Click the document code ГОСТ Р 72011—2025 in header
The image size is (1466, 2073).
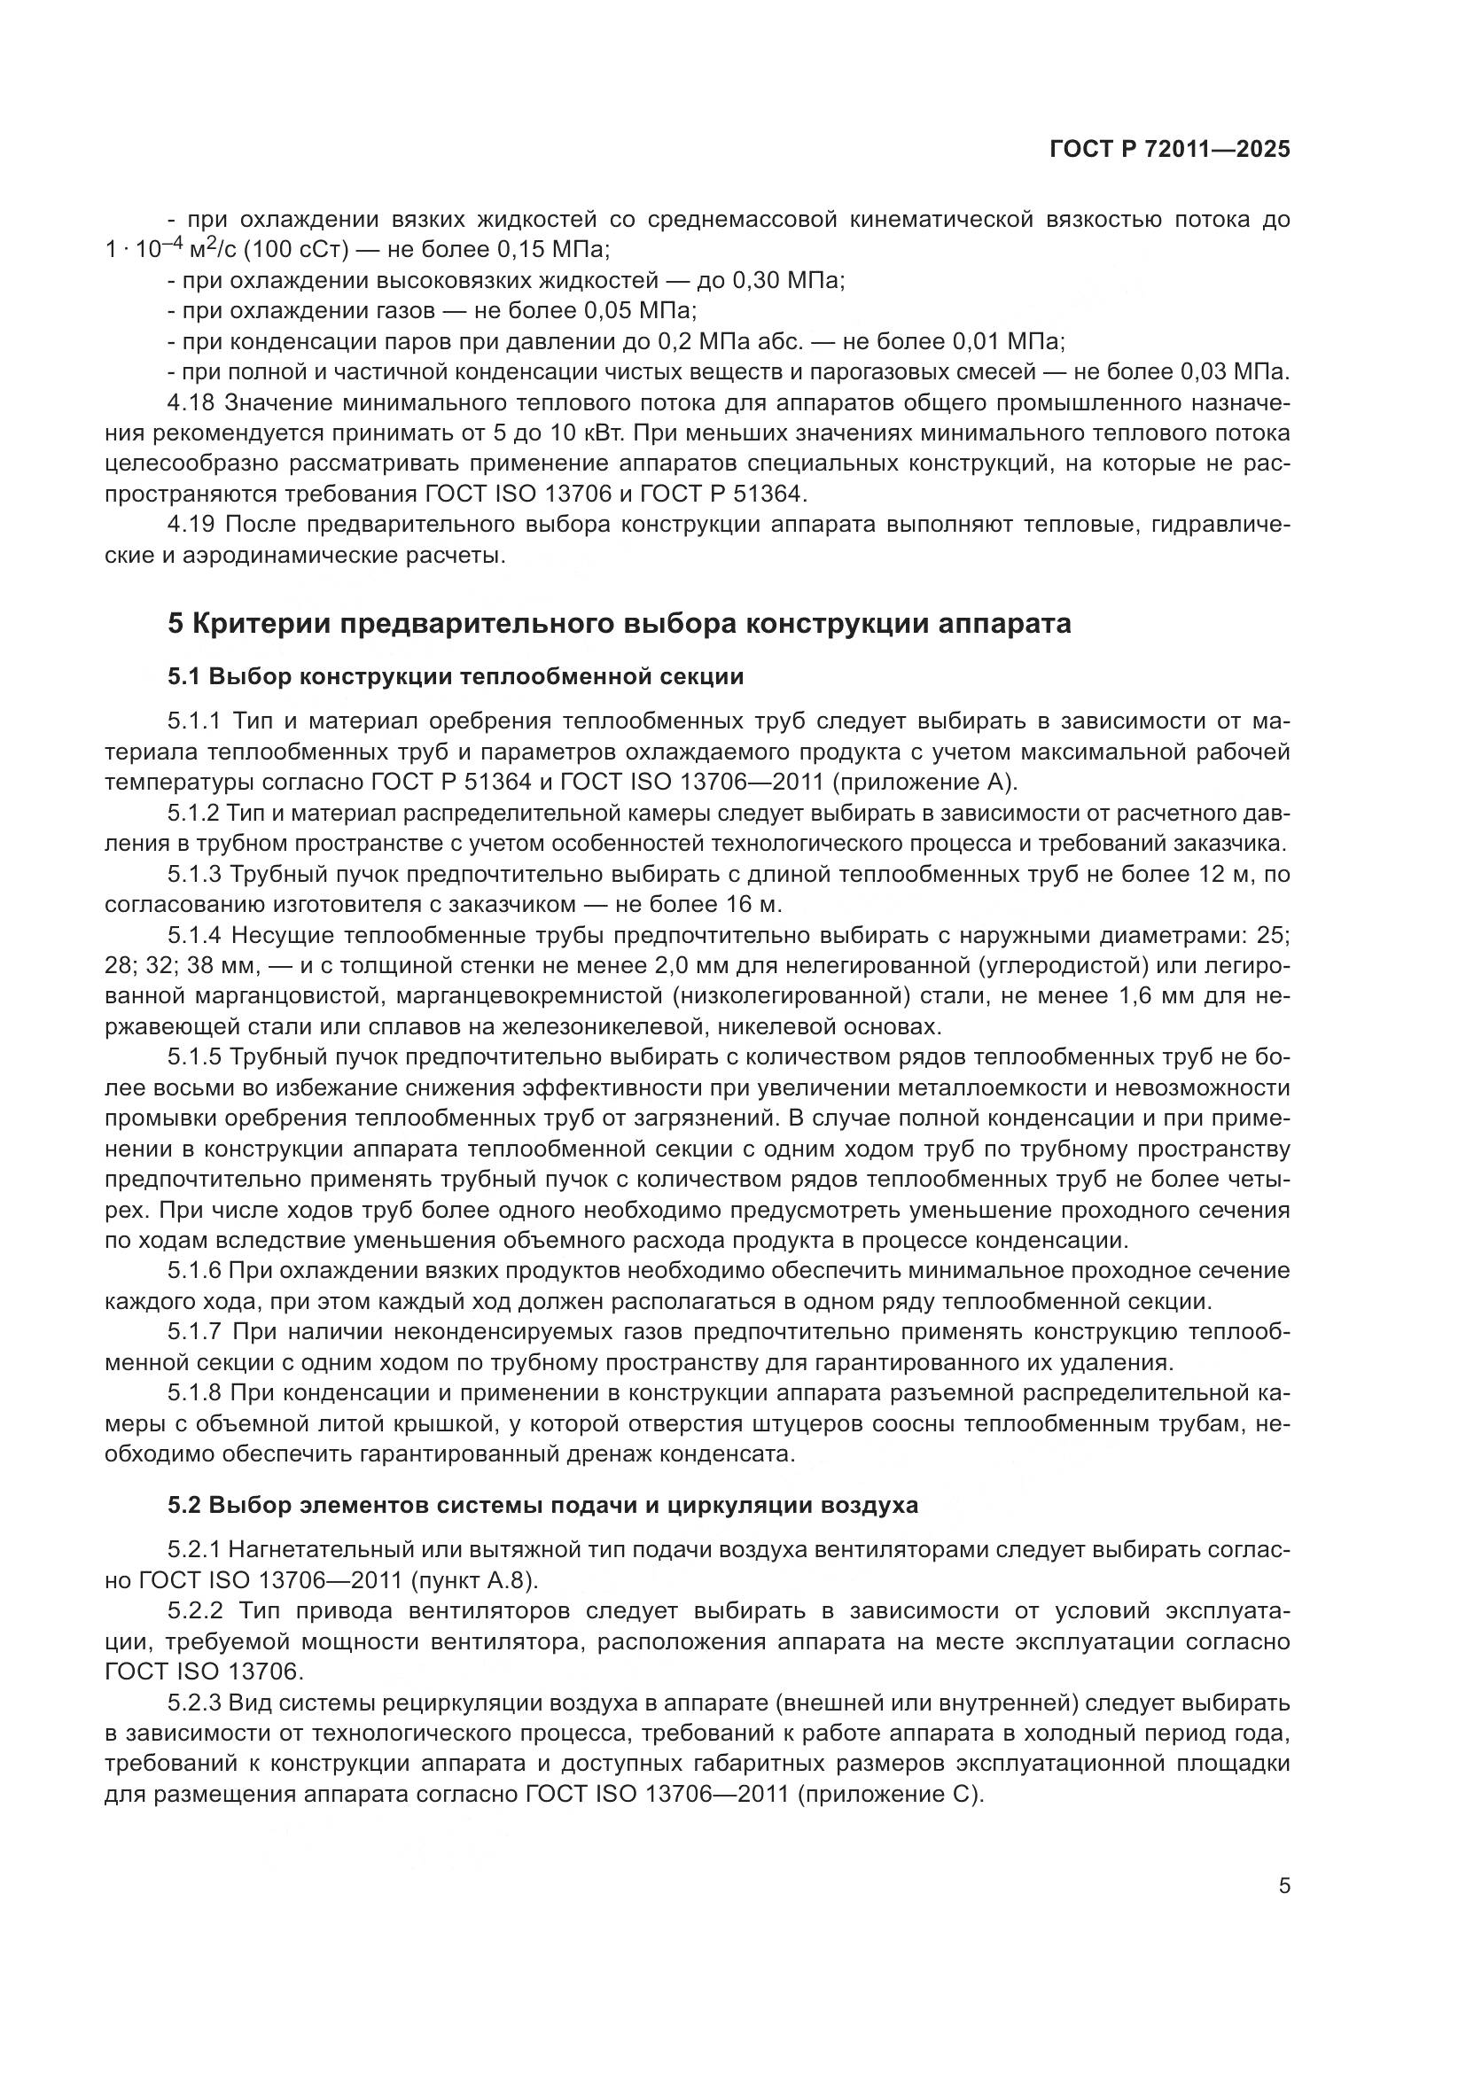[1170, 150]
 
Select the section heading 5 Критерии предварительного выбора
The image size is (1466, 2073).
[620, 623]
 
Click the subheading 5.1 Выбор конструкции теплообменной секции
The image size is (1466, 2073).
[455, 676]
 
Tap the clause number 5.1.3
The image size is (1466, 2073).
[194, 874]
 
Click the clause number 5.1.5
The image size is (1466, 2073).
[194, 1056]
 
